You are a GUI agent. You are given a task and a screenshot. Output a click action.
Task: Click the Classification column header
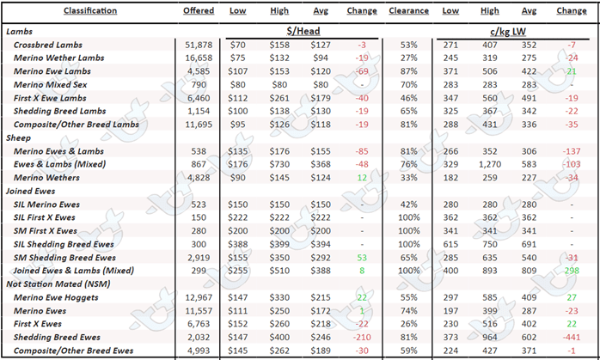(90, 10)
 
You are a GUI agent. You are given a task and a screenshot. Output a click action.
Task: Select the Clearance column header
(408, 10)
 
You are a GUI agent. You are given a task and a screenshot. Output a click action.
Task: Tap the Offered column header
(199, 10)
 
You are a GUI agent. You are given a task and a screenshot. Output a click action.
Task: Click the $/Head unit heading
(303, 31)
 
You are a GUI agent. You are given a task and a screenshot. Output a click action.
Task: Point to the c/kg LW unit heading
(508, 32)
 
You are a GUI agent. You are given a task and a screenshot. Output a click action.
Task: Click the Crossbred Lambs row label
(48, 45)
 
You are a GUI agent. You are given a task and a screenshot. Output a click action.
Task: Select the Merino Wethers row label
(46, 178)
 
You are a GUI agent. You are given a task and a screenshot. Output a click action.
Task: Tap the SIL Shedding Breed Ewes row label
(64, 244)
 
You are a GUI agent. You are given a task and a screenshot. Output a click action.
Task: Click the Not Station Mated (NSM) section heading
(58, 284)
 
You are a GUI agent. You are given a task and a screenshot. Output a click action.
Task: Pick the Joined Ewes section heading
(31, 191)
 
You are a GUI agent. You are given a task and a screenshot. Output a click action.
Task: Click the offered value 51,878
(199, 45)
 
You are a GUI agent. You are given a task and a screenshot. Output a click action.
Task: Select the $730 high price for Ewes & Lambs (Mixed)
(279, 164)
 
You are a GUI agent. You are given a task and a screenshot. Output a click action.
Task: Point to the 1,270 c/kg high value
(489, 164)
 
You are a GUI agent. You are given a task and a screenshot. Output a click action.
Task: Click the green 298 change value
(572, 271)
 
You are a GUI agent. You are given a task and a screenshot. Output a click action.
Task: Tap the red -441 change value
(572, 337)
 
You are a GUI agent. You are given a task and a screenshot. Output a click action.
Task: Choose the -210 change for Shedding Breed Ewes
(362, 337)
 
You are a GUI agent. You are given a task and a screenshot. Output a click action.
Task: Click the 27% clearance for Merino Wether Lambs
(408, 58)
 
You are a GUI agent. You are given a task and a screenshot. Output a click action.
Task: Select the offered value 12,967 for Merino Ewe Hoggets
(199, 297)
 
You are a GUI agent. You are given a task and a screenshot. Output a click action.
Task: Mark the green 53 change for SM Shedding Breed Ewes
(362, 258)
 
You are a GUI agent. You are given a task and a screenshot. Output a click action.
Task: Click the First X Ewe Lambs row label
(50, 98)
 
